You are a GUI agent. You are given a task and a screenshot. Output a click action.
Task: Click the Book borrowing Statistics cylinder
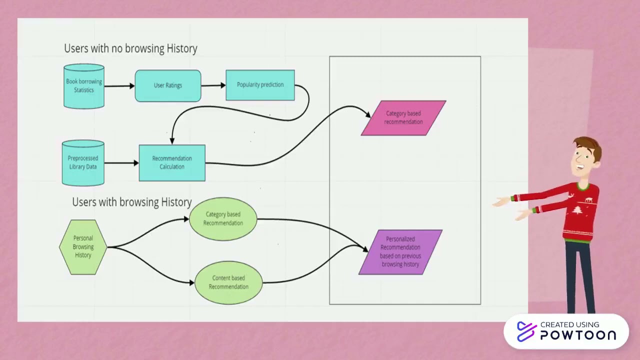84,86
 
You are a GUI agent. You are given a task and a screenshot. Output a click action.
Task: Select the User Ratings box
168,85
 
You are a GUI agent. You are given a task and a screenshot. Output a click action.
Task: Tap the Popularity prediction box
260,85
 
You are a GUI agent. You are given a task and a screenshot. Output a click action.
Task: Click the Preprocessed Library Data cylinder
83,163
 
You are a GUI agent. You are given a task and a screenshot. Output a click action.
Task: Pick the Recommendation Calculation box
172,162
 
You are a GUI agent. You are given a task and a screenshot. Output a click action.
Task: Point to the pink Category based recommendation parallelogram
403,118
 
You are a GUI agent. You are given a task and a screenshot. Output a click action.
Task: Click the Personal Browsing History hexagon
83,247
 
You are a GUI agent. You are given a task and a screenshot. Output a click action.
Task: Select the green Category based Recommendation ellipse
223,219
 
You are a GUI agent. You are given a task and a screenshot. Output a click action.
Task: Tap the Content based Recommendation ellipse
228,282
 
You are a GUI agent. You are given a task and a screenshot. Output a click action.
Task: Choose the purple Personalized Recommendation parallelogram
400,252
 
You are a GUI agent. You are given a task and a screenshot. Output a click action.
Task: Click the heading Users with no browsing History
130,48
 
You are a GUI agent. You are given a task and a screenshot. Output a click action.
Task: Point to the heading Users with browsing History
132,202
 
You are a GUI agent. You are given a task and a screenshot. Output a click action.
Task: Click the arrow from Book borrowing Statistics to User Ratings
119,86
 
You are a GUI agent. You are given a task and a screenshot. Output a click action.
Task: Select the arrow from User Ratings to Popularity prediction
213,85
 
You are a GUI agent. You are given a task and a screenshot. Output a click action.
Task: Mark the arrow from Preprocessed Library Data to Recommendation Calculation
121,163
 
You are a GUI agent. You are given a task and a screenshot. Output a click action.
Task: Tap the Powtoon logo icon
526,331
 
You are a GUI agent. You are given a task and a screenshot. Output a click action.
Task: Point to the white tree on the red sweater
578,210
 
